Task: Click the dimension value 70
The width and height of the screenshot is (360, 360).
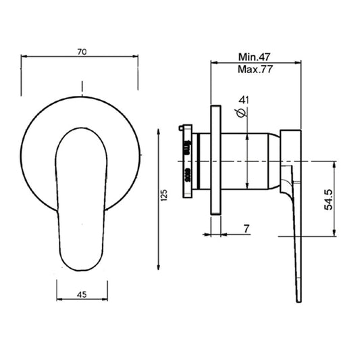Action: coord(81,51)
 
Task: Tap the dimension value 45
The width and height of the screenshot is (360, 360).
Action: coord(81,294)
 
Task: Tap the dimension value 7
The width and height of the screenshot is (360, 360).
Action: coord(247,230)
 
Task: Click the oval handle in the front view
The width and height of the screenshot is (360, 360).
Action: coord(82,199)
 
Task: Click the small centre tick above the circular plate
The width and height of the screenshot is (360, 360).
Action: coord(82,86)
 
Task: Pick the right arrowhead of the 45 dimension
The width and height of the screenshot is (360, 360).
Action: coord(107,301)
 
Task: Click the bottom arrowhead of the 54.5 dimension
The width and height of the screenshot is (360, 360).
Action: coord(335,234)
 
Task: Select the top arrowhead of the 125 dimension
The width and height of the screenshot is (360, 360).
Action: coord(159,124)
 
